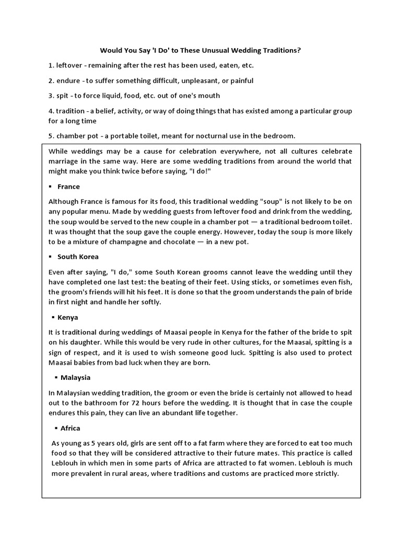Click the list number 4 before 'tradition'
[51, 111]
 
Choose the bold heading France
[68, 187]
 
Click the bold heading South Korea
[78, 257]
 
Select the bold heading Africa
[70, 428]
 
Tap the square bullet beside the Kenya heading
[54, 318]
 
